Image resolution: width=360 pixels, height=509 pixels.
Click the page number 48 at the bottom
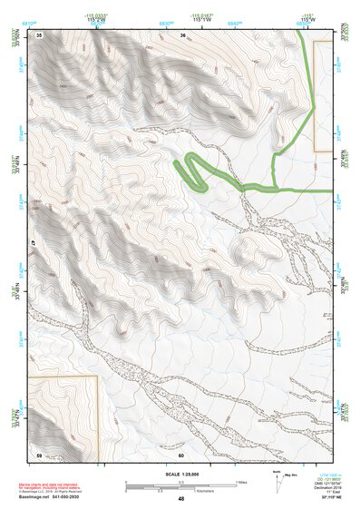[180, 499]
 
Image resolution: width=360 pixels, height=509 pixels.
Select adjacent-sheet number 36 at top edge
[182, 34]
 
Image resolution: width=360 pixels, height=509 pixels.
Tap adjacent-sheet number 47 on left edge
[34, 243]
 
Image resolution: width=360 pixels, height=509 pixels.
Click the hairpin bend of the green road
[179, 163]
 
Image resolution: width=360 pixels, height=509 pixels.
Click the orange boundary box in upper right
[322, 95]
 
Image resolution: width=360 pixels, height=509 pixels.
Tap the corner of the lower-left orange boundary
[95, 377]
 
